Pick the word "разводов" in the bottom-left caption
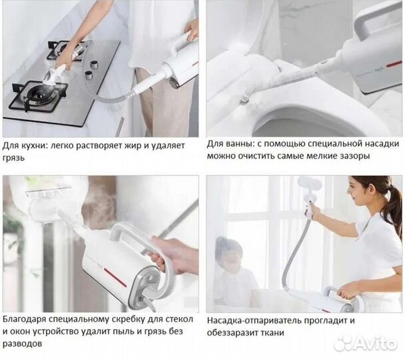click(x=22, y=344)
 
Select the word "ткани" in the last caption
click(x=272, y=333)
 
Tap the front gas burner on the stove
click(x=41, y=95)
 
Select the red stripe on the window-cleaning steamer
click(x=115, y=277)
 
